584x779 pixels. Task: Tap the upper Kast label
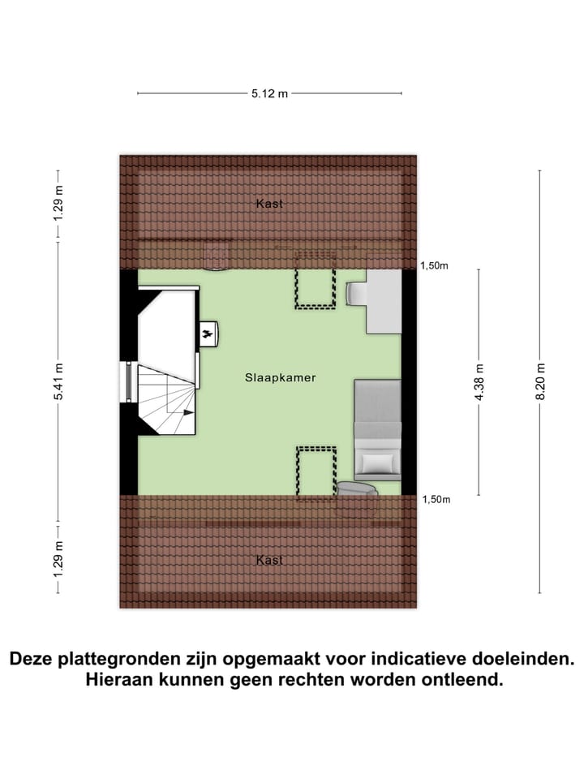[x=269, y=204]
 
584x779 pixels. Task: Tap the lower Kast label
[x=269, y=560]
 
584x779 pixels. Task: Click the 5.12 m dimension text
[x=269, y=93]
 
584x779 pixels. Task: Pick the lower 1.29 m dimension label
[x=58, y=560]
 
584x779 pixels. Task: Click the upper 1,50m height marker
[x=435, y=265]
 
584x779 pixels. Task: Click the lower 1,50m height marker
[x=436, y=500]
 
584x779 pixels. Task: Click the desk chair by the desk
[x=355, y=293]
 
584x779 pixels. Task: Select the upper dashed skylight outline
[x=316, y=280]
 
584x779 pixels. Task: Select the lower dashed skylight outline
[x=316, y=473]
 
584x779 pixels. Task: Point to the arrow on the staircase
[x=188, y=412]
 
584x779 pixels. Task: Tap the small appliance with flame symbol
[x=208, y=333]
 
